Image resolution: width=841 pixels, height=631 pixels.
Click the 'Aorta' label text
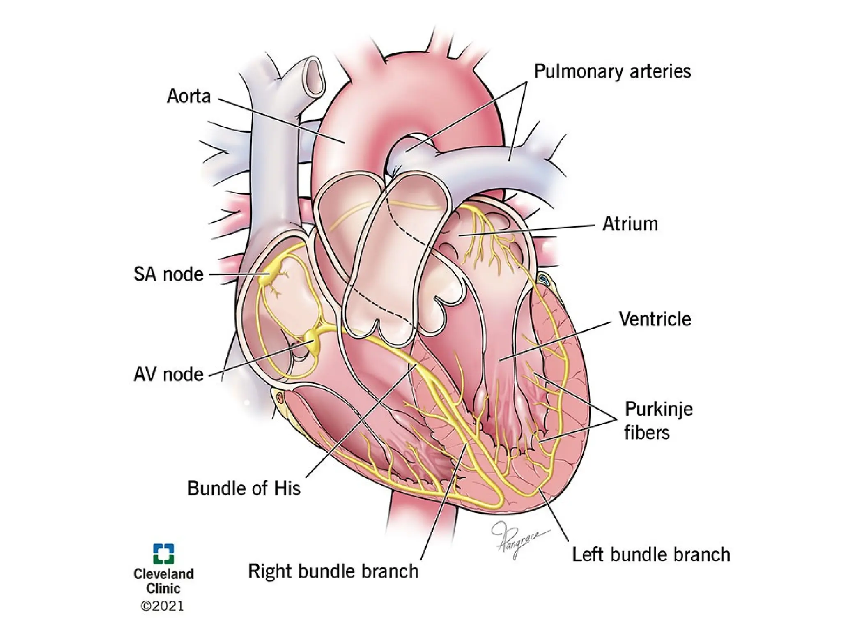click(x=188, y=97)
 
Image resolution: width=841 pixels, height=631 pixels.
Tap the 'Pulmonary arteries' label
click(x=612, y=71)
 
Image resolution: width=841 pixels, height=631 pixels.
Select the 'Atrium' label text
click(x=630, y=224)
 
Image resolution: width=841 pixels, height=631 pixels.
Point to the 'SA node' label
click(x=168, y=274)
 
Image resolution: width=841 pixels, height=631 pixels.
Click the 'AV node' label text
click(x=168, y=374)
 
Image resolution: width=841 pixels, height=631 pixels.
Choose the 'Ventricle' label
click(x=655, y=319)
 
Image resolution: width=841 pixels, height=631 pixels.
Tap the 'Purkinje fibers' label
click(x=658, y=421)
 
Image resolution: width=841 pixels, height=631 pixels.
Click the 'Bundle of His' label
click(x=244, y=488)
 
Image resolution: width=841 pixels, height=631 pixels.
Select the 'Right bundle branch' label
click(x=333, y=571)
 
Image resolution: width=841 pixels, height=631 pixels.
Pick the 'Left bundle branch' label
click(x=651, y=555)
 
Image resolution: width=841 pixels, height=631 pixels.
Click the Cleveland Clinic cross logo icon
click(x=163, y=554)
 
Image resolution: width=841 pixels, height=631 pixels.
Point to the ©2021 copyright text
click(x=163, y=606)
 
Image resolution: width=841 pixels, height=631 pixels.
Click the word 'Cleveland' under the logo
click(x=163, y=574)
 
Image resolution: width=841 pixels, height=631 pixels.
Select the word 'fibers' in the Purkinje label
click(x=647, y=433)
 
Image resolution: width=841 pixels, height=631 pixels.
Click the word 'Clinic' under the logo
click(x=163, y=589)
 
